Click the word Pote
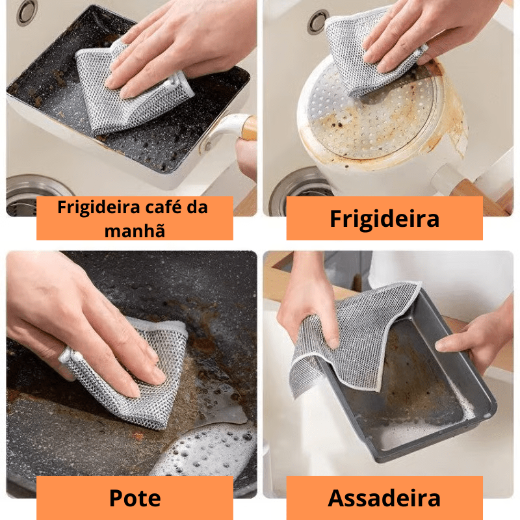coord(135,498)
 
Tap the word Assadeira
coord(384,498)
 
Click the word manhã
coord(135,231)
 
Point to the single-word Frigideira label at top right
coord(384,219)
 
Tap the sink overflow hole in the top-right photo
coord(317,21)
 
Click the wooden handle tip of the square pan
coord(249,128)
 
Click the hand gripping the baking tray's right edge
coord(474,338)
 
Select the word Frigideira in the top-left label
coord(99,208)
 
